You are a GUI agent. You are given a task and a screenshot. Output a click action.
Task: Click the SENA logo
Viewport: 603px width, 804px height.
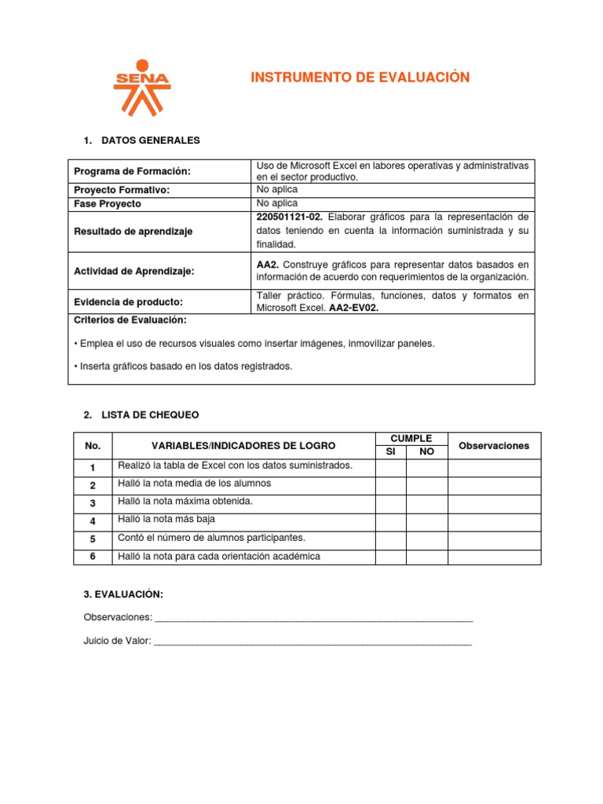[x=141, y=86]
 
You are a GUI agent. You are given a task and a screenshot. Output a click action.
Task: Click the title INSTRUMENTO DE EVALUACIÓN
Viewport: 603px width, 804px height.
[x=360, y=77]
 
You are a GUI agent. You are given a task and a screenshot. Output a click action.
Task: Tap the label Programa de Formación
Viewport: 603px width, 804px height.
[x=132, y=172]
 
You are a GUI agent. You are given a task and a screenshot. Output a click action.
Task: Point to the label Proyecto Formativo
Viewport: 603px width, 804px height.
[x=122, y=190]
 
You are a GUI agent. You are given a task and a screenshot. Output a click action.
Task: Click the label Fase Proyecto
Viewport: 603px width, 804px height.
[x=108, y=203]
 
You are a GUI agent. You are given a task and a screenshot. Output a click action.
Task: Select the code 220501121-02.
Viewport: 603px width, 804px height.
[x=290, y=217]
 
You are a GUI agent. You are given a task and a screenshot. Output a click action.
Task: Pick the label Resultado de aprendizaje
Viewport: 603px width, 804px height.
[x=133, y=232]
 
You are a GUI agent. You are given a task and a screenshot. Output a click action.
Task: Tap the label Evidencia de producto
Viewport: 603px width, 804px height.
[x=128, y=301]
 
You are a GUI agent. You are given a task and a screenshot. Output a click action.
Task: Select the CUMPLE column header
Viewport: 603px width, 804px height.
[x=411, y=438]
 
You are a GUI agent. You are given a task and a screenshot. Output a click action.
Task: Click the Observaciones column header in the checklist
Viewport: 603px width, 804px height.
[x=494, y=445]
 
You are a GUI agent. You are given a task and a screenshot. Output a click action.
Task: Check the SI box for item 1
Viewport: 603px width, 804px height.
[x=390, y=467]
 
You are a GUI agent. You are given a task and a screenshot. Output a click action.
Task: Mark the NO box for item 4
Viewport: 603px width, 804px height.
[x=426, y=521]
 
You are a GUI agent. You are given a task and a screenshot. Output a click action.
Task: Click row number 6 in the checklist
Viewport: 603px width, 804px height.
[x=93, y=557]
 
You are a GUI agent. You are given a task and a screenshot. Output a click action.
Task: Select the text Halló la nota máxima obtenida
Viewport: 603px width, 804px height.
[x=185, y=502]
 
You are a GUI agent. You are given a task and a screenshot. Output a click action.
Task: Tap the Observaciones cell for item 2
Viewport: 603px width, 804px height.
[x=494, y=484]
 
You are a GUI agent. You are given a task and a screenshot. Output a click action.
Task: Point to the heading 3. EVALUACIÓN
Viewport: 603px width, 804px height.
[x=123, y=594]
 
